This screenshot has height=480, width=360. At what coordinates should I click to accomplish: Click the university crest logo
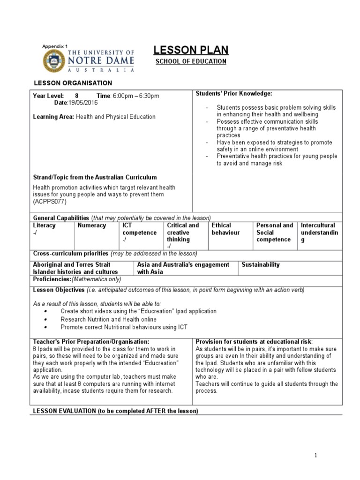point(55,61)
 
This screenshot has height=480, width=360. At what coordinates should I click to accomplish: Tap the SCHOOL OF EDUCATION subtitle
point(191,61)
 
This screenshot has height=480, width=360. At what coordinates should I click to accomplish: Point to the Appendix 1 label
point(55,46)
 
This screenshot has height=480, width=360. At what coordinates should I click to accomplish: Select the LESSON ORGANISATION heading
point(72,83)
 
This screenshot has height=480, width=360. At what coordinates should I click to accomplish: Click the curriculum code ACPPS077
point(51,202)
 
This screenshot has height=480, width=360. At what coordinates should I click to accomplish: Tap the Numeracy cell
point(92,225)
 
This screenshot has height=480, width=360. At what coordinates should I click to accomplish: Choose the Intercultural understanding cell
point(318,232)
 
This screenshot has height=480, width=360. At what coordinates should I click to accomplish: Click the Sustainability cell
point(261,265)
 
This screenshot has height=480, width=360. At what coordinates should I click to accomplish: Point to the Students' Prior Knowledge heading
point(234,94)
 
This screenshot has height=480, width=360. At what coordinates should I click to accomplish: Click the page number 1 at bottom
point(316,455)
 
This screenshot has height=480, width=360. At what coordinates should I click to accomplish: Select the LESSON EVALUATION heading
point(115,411)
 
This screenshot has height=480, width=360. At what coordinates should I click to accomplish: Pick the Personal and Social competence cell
point(274,232)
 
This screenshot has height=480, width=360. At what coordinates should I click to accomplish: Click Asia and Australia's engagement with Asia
point(183,268)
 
